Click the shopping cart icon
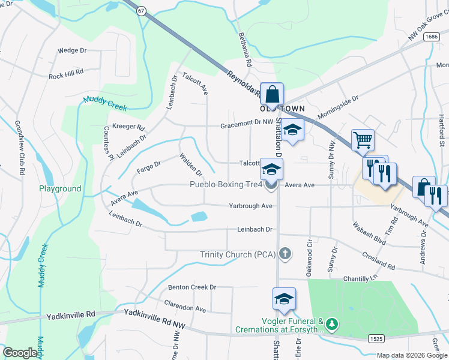[x=363, y=140]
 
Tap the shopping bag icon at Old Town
[x=272, y=94]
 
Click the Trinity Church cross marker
[x=285, y=254]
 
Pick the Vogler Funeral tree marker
[x=332, y=325]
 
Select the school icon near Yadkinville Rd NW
[x=284, y=298]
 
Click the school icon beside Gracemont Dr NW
[x=292, y=130]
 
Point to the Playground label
[x=60, y=188]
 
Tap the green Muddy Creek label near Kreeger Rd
[x=105, y=103]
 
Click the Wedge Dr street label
[x=72, y=51]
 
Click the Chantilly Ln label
[x=362, y=279]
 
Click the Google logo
[x=20, y=353]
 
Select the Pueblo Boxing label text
[x=226, y=185]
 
